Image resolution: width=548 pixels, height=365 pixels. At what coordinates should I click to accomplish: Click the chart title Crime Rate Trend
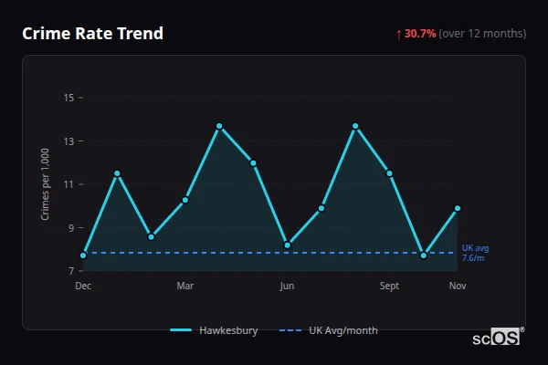92,34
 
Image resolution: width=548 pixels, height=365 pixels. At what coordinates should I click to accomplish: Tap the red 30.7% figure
420,34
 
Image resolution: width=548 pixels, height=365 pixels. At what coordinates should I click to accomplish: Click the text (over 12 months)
482,34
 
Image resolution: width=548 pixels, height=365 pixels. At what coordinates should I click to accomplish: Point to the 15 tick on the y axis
68,98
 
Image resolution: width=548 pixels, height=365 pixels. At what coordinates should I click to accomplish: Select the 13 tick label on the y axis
68,141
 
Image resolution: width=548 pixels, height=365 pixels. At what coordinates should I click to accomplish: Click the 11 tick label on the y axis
68,184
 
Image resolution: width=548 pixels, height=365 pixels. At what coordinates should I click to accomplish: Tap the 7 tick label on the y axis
70,271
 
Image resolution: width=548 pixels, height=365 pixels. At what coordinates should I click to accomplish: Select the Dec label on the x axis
83,286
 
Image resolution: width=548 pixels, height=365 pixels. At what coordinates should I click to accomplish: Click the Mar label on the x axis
185,286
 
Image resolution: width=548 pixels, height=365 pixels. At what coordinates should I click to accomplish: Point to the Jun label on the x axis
287,286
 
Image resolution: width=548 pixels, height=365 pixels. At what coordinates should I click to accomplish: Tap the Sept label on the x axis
389,286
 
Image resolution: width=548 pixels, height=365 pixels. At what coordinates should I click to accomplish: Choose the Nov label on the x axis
458,286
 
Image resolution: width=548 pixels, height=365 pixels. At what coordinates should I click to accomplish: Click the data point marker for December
83,255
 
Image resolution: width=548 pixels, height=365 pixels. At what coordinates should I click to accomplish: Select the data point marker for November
458,208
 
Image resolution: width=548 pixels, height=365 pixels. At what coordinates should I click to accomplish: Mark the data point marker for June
287,245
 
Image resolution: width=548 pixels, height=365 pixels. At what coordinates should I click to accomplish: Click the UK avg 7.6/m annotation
475,253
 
